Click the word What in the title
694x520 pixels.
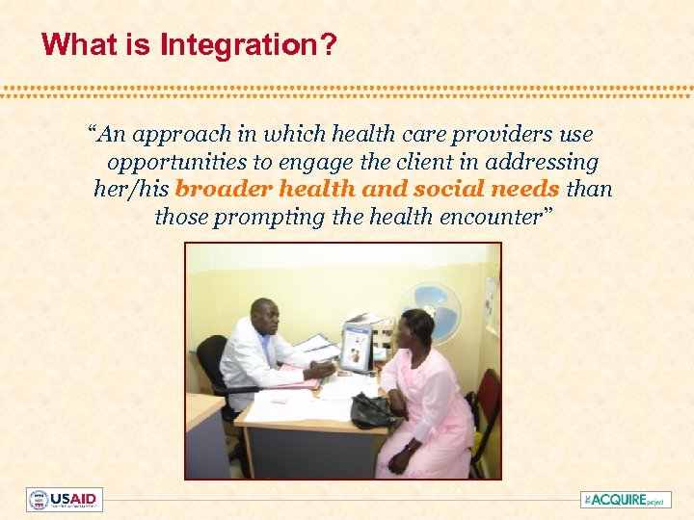tap(72, 44)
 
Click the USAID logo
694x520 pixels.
tap(65, 500)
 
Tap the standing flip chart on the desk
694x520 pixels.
tap(356, 348)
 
